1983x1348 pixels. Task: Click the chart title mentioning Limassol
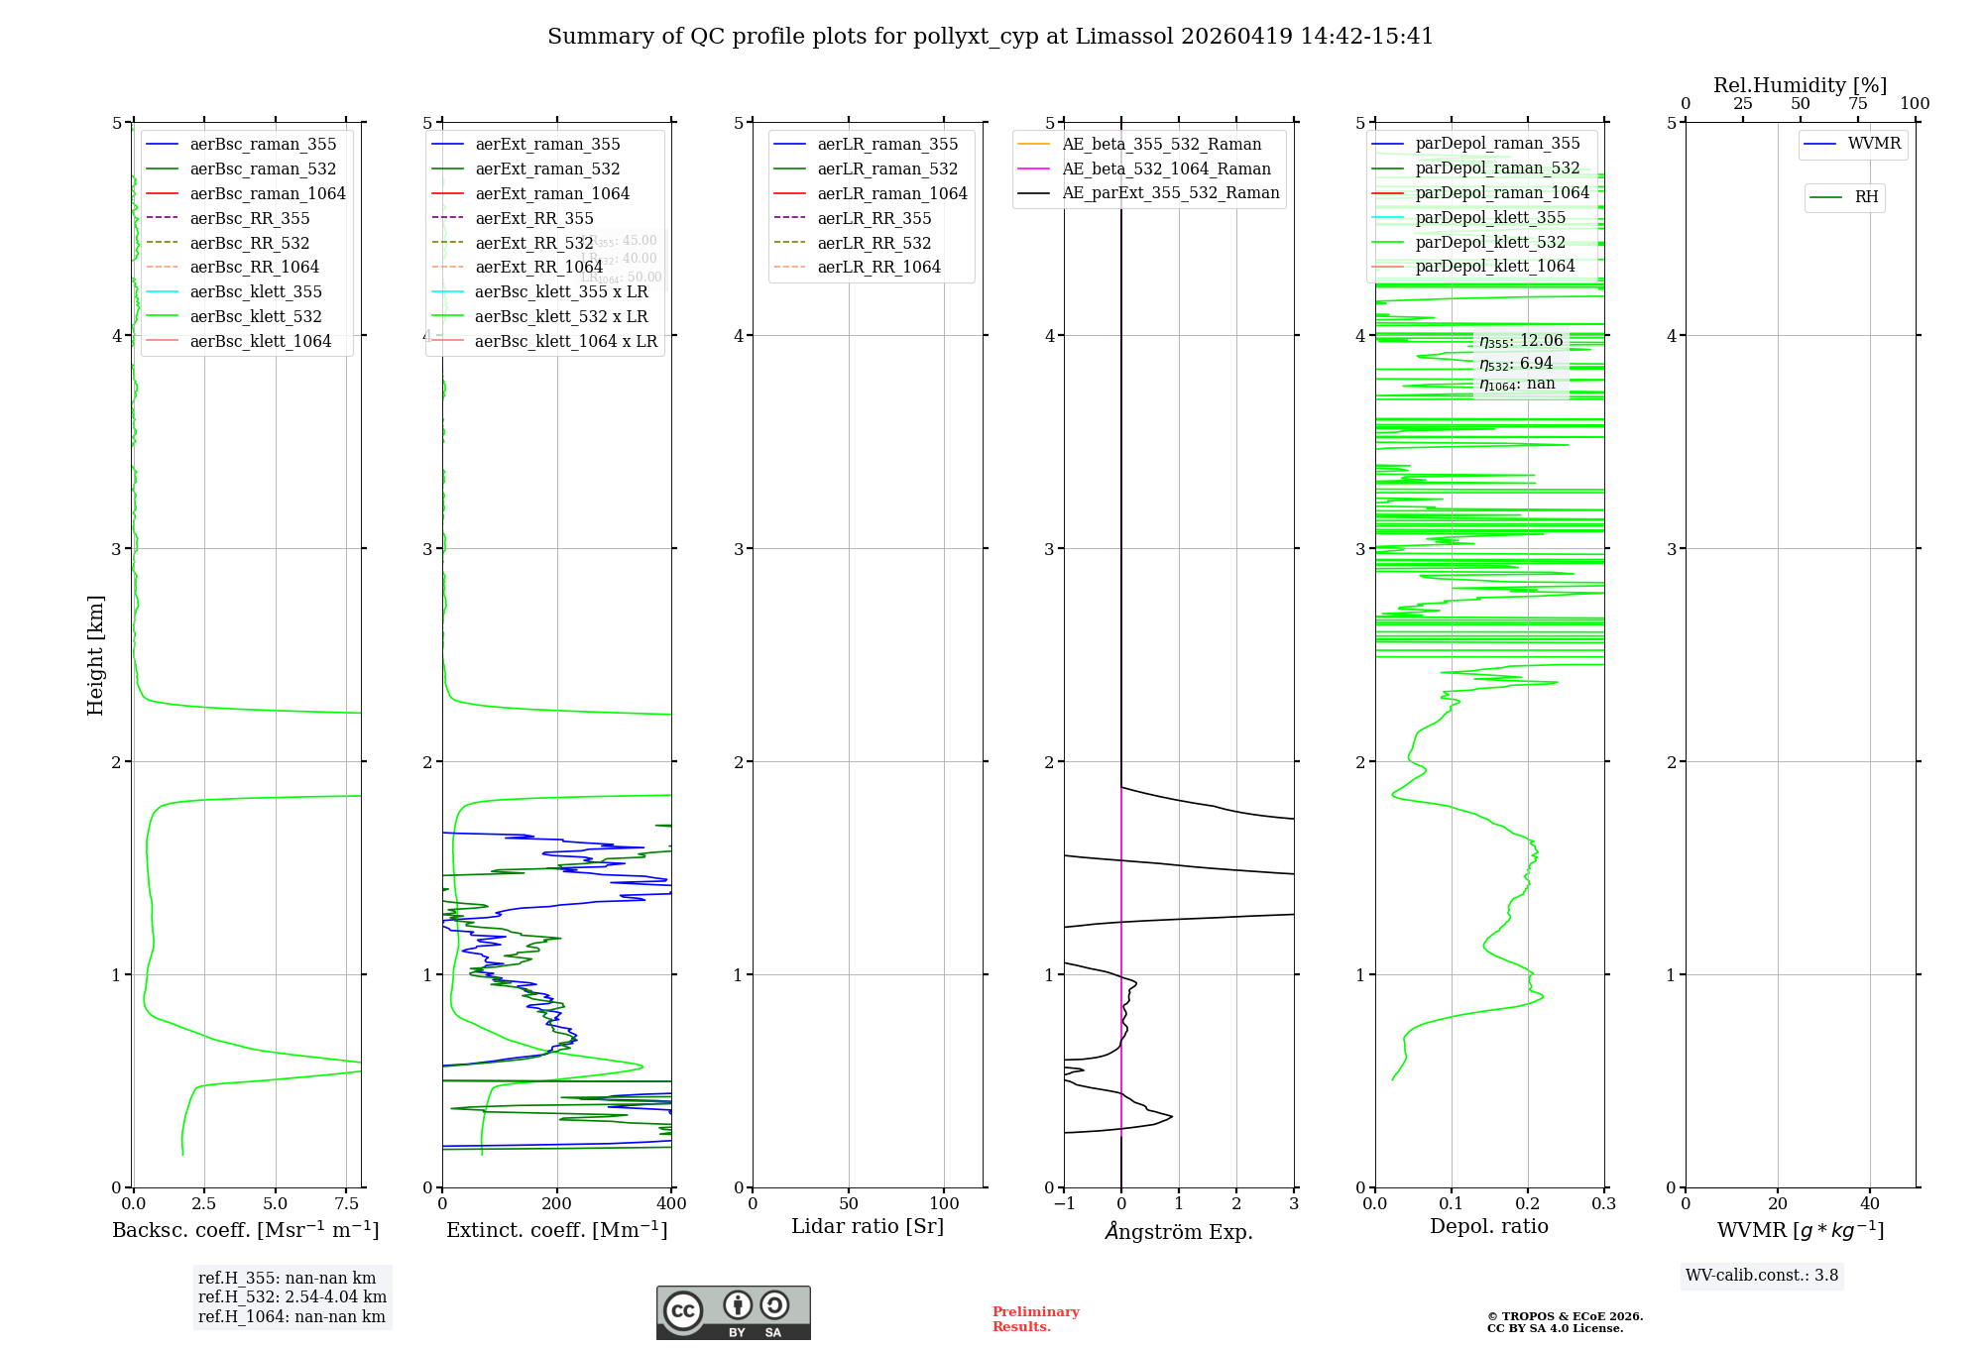point(990,37)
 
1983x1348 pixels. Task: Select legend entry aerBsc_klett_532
point(255,316)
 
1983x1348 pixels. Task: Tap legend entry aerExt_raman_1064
point(551,193)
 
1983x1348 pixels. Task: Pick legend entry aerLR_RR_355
point(874,218)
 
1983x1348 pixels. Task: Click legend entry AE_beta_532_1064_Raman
point(1166,168)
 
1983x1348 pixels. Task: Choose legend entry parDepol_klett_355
point(1490,217)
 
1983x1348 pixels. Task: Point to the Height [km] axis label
point(95,654)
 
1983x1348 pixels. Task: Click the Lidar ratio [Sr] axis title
point(868,1226)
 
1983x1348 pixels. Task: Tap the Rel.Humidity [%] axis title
point(1800,85)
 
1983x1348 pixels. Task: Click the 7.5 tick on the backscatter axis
point(347,1204)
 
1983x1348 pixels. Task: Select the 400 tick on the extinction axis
point(671,1204)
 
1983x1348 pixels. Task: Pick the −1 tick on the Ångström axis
point(1064,1204)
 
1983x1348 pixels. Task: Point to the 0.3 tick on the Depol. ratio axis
point(1603,1204)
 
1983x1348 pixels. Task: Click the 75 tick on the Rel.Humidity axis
point(1858,104)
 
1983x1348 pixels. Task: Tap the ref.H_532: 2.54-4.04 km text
point(292,1297)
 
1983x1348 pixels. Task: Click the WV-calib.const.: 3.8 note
point(1762,1276)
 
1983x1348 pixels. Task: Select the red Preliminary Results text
point(1035,1319)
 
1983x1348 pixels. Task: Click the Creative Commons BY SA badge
point(733,1312)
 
